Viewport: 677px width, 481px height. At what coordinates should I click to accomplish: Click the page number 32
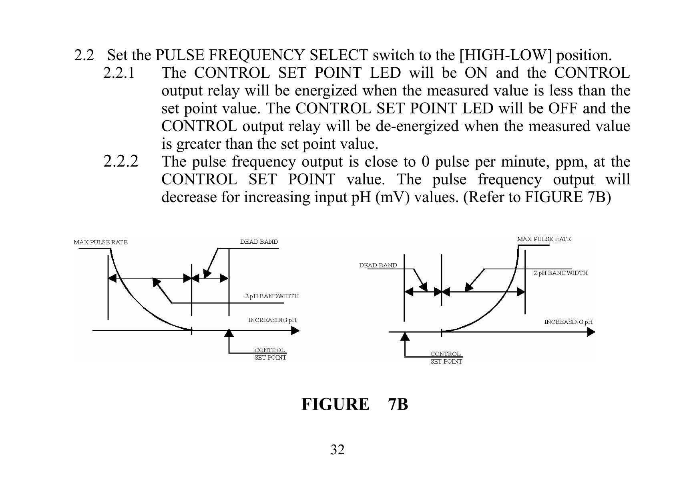tap(337, 450)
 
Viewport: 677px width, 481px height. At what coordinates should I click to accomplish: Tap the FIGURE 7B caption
tap(354, 404)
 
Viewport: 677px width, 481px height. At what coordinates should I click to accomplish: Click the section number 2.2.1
tap(119, 73)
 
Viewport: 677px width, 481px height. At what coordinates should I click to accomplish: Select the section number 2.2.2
tap(121, 162)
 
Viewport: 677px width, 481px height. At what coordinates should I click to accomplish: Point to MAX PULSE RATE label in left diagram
tap(100, 242)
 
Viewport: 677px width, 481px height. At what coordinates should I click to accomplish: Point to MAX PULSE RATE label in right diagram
tap(544, 239)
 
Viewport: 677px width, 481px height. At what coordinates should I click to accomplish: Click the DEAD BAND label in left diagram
tap(259, 242)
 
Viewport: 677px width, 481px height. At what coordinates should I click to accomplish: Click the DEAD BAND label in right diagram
tap(378, 265)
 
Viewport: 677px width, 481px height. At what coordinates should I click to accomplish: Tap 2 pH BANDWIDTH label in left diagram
tap(272, 296)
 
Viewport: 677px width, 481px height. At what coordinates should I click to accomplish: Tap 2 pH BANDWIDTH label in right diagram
tap(560, 273)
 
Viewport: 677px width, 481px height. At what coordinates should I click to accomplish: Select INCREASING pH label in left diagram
tap(272, 320)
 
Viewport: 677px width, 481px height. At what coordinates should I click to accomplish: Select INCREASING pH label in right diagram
tap(568, 322)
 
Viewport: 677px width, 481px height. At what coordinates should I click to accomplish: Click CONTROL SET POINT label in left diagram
tap(270, 354)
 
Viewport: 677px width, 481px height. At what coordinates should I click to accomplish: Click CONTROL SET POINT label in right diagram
tap(446, 358)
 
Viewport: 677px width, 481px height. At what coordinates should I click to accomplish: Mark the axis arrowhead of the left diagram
tap(295, 331)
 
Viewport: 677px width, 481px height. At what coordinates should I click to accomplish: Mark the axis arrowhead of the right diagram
tap(591, 332)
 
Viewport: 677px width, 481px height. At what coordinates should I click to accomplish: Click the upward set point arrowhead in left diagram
tap(229, 333)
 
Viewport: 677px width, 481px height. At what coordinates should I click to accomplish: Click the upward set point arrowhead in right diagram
tap(405, 335)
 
